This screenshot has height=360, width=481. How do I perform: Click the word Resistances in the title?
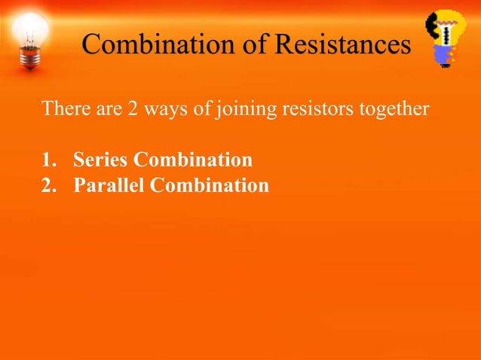[343, 44]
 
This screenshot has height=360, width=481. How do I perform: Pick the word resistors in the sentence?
[313, 110]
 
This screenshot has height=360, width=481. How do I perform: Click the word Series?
[99, 160]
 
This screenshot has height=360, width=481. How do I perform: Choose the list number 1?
[48, 160]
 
